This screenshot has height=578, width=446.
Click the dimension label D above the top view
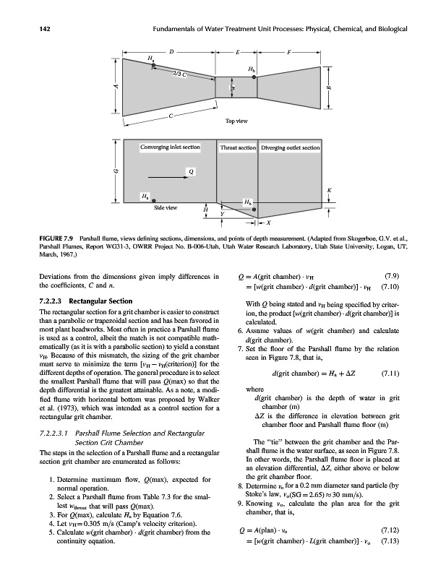pos(171,52)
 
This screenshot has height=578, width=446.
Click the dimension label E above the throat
pos(237,52)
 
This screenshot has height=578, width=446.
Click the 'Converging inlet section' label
pos(171,147)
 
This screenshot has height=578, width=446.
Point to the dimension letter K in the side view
pos(329,190)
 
